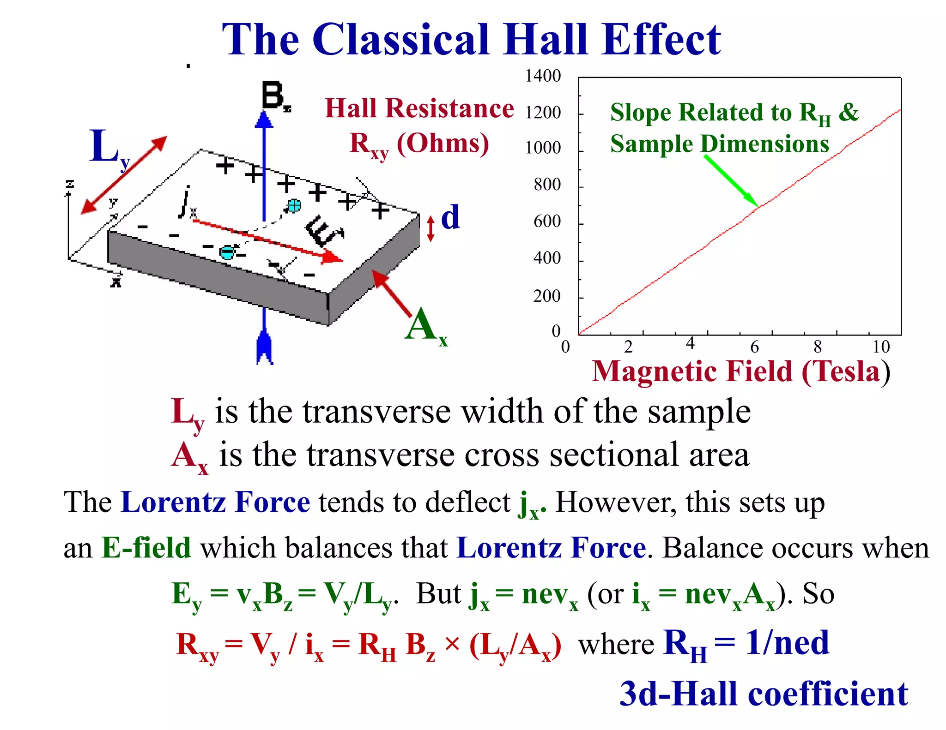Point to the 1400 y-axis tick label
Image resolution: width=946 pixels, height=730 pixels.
pos(543,76)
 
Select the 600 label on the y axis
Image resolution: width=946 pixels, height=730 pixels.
pos(547,221)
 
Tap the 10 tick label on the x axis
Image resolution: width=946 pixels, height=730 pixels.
pos(881,347)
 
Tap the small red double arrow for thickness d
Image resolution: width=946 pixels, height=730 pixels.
pos(431,229)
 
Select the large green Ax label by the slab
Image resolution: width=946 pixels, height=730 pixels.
pos(425,326)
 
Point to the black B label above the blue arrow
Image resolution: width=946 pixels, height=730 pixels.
pos(274,96)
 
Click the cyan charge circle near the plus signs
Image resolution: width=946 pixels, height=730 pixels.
pos(294,205)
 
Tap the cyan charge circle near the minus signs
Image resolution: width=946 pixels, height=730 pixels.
pos(227,252)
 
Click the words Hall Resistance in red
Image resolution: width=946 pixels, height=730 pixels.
pos(419,109)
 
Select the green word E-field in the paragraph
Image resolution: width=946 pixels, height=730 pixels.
pos(146,548)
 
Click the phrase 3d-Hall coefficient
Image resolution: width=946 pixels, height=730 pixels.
pos(764,694)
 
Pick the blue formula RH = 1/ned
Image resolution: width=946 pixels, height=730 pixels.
pos(746,643)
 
